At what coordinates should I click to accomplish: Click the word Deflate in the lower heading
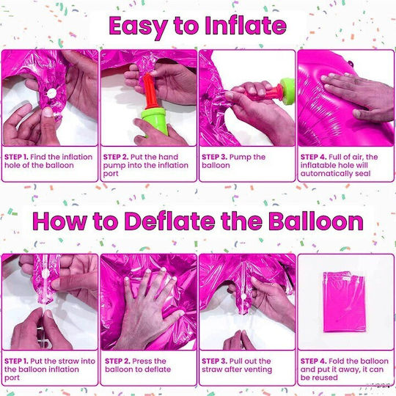(x=169, y=221)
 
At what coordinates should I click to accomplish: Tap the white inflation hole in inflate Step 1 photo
(x=52, y=93)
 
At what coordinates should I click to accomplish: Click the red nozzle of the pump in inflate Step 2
(x=150, y=91)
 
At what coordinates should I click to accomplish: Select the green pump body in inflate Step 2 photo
(x=155, y=120)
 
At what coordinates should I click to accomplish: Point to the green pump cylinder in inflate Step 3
(x=287, y=91)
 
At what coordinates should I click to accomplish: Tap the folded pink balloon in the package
(x=344, y=302)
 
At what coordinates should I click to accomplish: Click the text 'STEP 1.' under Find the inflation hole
(x=16, y=157)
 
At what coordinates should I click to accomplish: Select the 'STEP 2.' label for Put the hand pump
(x=116, y=157)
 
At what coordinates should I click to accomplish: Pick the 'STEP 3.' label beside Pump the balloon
(x=214, y=157)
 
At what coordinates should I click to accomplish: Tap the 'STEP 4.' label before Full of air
(x=313, y=157)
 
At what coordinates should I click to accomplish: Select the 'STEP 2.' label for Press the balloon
(x=117, y=361)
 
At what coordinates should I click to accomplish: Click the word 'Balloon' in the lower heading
(x=315, y=221)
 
